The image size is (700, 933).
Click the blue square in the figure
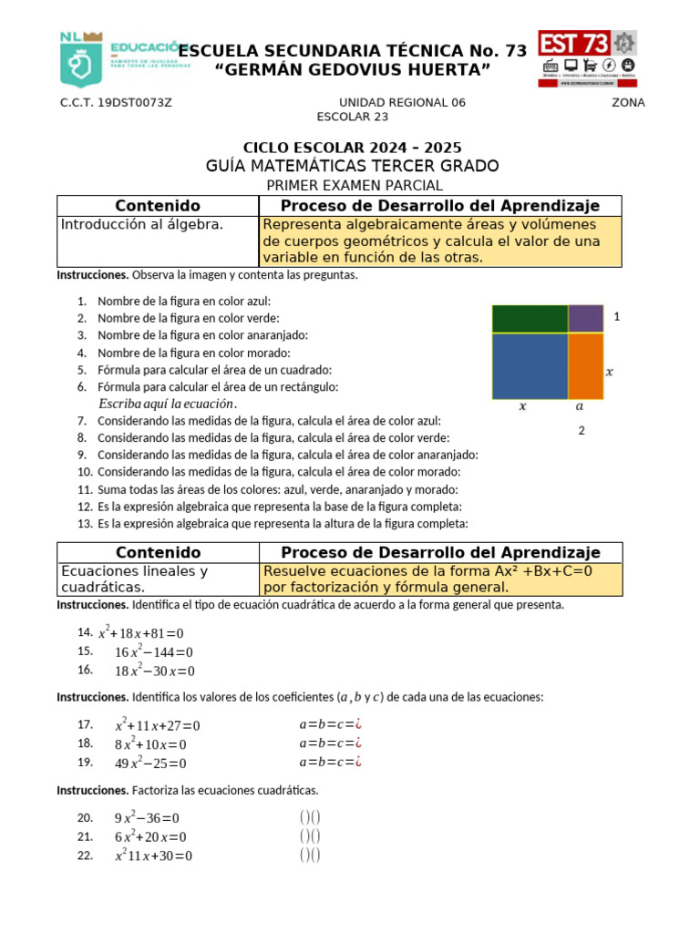(530, 365)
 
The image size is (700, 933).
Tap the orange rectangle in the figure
(585, 365)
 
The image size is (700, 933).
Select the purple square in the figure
(585, 319)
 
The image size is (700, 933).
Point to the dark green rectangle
(530, 319)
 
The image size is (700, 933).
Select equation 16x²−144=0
(153, 652)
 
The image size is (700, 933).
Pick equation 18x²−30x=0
(154, 672)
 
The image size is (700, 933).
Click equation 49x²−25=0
(149, 764)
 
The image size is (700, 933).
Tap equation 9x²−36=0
(147, 818)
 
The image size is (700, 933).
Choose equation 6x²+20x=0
(149, 837)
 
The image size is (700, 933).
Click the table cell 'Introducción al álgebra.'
(141, 224)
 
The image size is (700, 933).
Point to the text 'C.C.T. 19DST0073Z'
(116, 103)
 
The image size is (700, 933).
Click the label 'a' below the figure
(580, 407)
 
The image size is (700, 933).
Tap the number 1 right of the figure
(617, 317)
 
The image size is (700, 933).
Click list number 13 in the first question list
(85, 524)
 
